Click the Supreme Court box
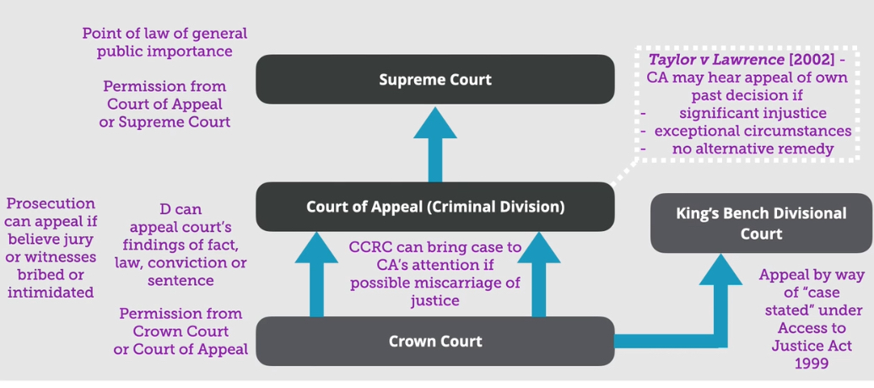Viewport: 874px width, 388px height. pos(434,79)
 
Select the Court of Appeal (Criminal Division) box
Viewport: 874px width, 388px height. pos(434,207)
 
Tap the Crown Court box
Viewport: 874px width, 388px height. pos(434,341)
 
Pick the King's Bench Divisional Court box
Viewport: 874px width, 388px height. pos(761,223)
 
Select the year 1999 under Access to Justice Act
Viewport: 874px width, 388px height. pos(812,364)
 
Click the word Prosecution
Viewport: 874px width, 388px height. pos(51,203)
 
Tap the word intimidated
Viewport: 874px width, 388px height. pos(51,292)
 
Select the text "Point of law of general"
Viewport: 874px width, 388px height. pos(165,34)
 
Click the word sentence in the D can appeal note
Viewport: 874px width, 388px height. pos(181,281)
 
